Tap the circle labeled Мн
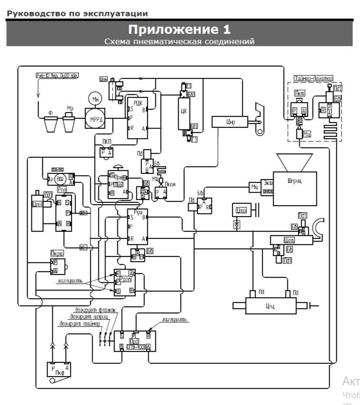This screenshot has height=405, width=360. pos(93,99)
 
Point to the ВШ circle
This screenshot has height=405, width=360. pos(60,179)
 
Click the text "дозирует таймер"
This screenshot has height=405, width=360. pos(79,324)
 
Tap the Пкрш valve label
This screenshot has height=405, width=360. pos(57,254)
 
